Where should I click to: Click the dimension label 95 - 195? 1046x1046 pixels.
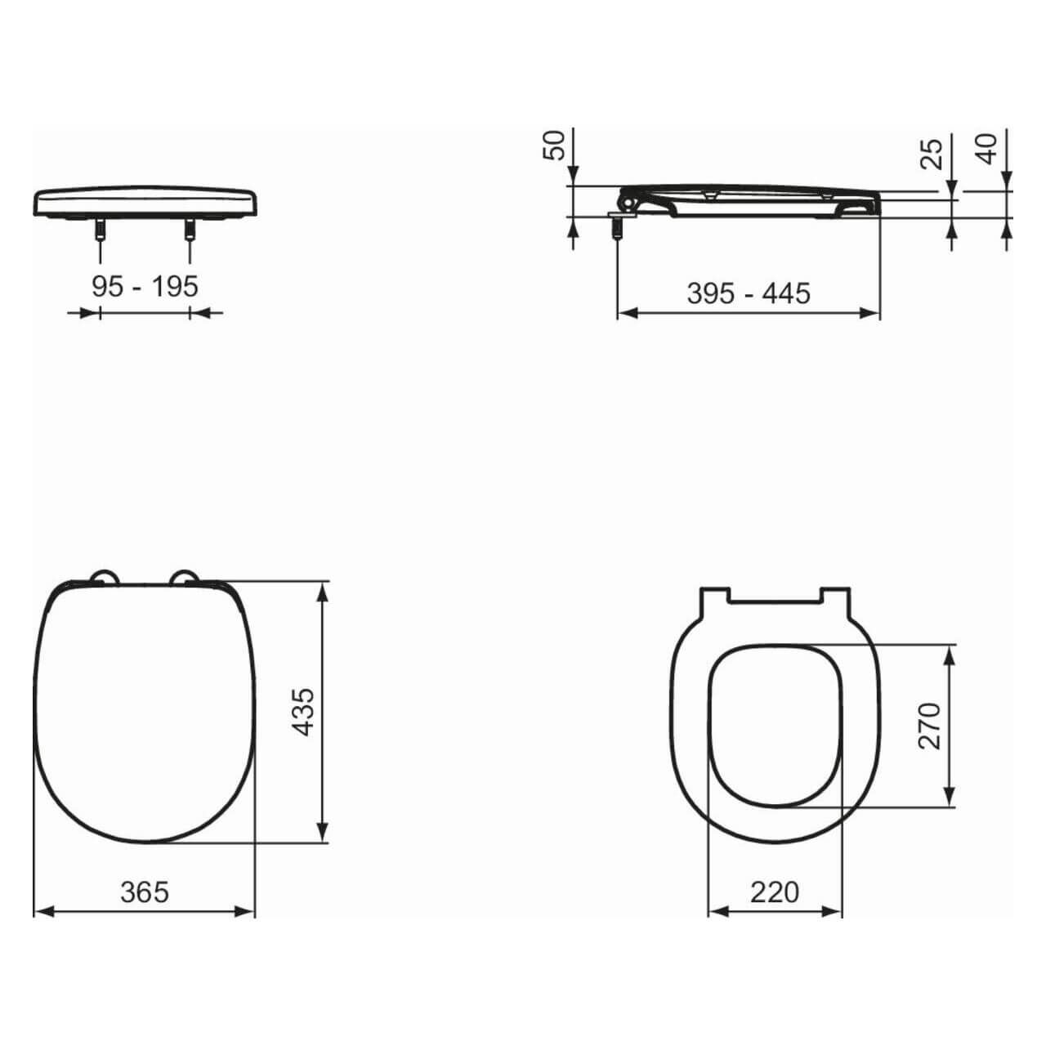click(x=145, y=286)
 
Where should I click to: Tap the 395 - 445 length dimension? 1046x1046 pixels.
click(x=748, y=293)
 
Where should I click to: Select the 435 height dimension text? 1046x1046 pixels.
click(x=303, y=712)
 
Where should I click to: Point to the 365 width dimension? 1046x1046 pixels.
click(x=145, y=892)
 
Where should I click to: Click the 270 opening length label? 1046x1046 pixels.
click(x=930, y=725)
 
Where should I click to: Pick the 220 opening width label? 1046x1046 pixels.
click(x=774, y=892)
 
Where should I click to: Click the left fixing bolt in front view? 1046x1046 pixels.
click(x=100, y=230)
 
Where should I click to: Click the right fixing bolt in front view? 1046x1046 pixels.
click(x=190, y=230)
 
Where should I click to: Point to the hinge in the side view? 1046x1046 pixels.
click(x=630, y=199)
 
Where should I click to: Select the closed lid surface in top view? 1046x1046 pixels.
click(x=145, y=711)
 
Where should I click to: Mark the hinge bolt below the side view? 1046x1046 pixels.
click(x=617, y=226)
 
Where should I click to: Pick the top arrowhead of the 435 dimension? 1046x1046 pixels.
click(x=324, y=590)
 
